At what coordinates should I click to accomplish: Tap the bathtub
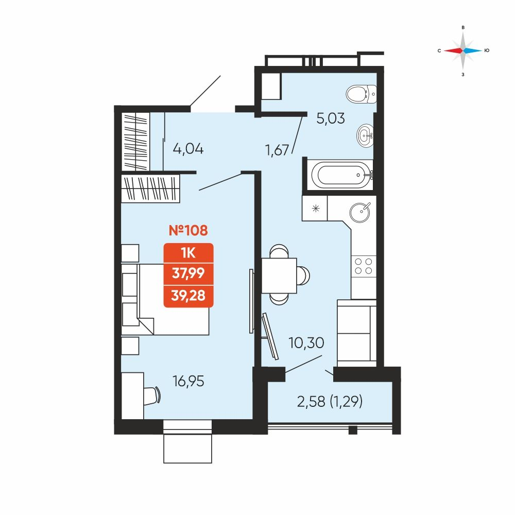(341, 175)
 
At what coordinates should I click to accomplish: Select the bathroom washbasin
(365, 135)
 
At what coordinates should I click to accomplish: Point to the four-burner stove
(364, 266)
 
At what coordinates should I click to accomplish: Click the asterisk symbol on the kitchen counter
(316, 208)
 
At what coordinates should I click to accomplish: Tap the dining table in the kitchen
(279, 276)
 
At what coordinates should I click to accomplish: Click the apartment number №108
(188, 230)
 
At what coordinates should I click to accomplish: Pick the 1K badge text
(188, 253)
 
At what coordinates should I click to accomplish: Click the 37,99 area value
(188, 273)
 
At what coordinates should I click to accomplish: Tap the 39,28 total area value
(188, 296)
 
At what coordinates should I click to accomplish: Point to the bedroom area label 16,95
(188, 381)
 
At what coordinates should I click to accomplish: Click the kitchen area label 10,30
(306, 343)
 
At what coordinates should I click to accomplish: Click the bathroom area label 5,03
(331, 118)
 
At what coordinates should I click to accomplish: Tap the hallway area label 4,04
(188, 149)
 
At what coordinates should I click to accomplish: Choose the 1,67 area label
(277, 150)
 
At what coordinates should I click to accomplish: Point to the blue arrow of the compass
(473, 50)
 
